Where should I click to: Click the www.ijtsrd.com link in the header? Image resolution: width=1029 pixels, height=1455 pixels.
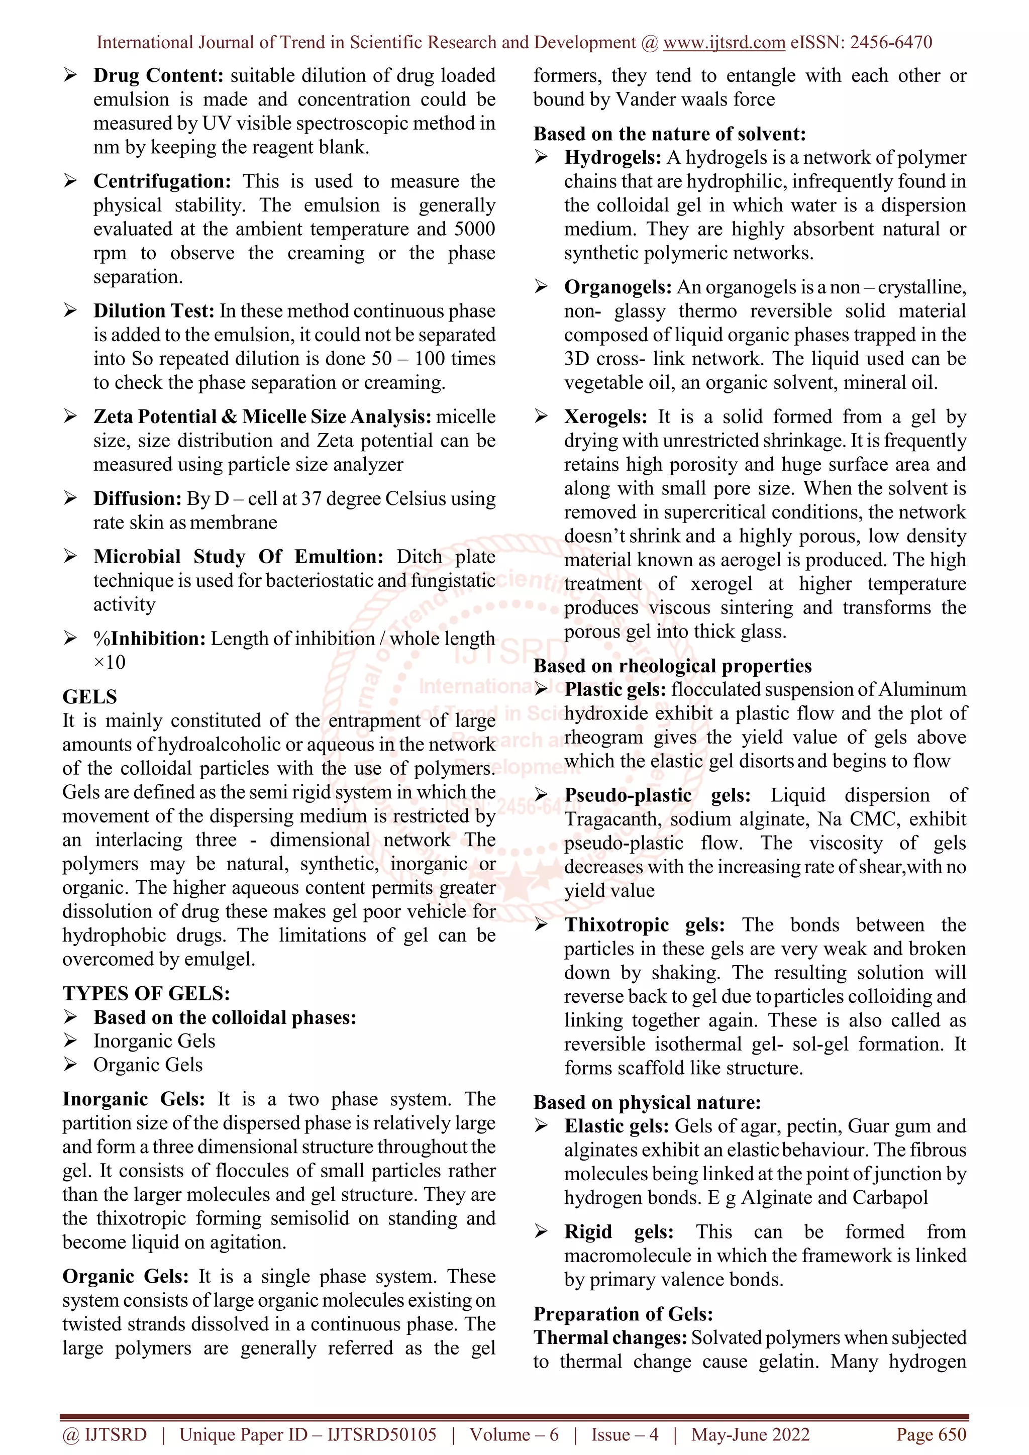tap(724, 43)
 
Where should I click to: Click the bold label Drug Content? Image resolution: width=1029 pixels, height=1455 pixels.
tap(158, 75)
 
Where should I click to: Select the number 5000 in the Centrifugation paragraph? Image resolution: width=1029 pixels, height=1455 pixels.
tap(475, 229)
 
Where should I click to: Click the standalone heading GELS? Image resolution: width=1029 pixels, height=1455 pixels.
tap(89, 697)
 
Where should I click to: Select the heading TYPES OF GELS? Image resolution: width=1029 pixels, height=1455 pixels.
tap(146, 993)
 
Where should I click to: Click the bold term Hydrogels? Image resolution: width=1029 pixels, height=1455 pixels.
tap(612, 158)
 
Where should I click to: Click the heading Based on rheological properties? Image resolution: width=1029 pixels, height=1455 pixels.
tap(672, 666)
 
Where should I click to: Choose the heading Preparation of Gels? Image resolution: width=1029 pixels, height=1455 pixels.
tap(623, 1314)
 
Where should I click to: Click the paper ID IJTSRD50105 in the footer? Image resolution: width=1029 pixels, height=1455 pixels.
tap(381, 1435)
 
